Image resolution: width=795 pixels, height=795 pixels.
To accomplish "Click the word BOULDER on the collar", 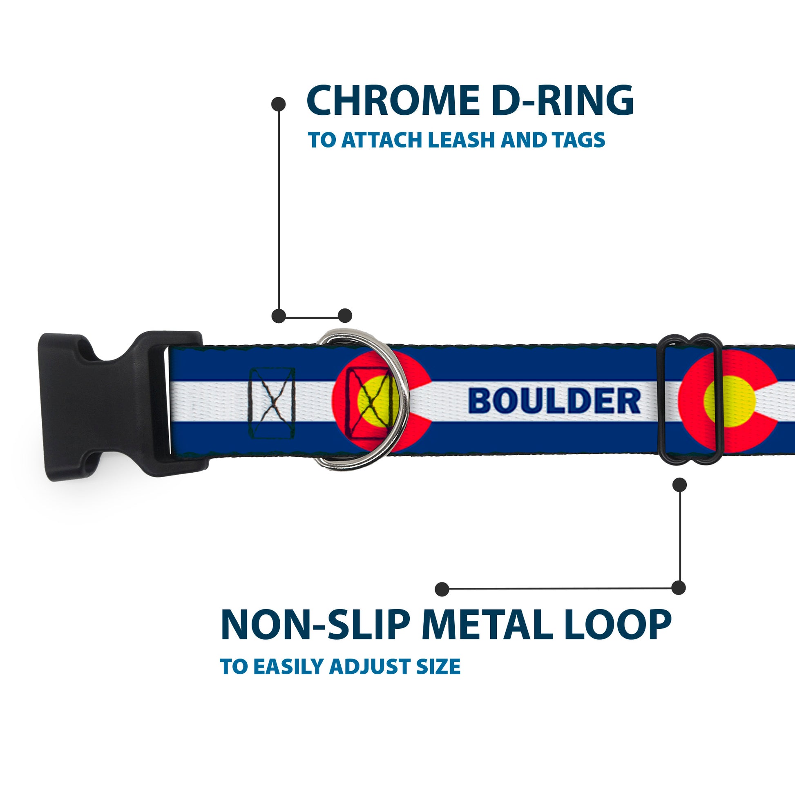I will [x=554, y=401].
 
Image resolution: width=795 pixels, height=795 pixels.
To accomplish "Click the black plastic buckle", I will [x=107, y=405].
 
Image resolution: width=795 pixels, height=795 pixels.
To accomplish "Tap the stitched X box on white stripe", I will [x=272, y=402].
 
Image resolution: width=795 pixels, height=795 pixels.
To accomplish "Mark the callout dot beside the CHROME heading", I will [x=279, y=104].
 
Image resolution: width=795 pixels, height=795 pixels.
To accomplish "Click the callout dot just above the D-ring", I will [x=345, y=316].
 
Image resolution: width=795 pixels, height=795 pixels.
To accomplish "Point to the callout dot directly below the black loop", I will [x=679, y=485].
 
